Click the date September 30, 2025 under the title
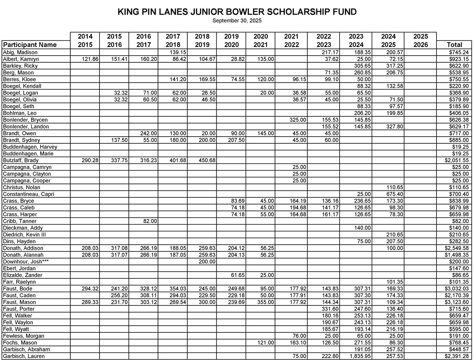tap(237, 21)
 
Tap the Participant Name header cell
tap(30, 45)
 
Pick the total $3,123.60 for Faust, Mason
tap(457, 302)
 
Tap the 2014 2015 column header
tap(85, 41)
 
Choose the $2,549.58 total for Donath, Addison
tap(457, 248)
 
